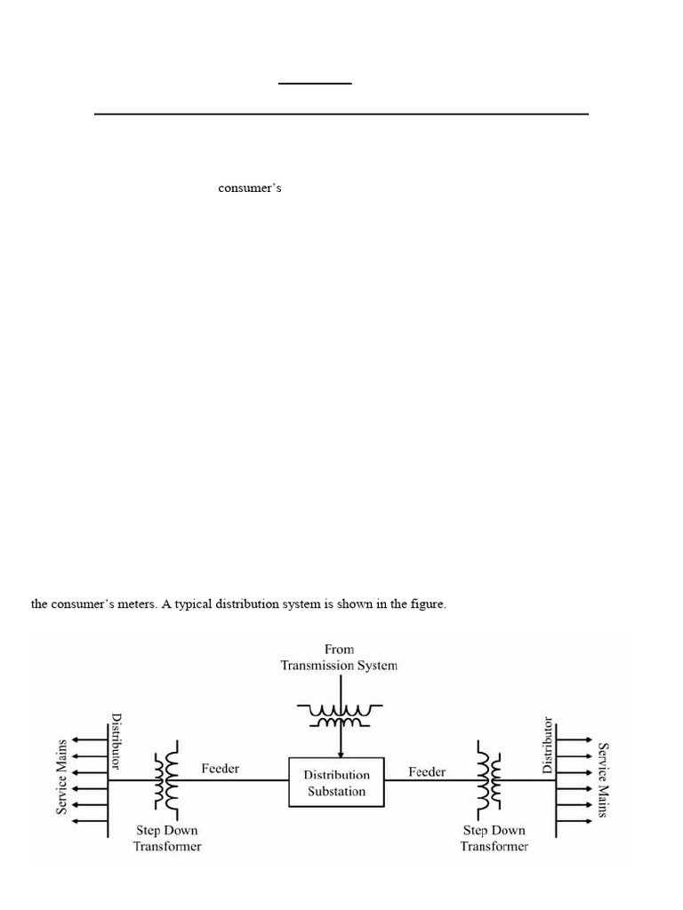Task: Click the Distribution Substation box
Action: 336,782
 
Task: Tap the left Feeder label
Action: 220,768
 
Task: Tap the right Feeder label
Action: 427,771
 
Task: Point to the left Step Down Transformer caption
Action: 167,838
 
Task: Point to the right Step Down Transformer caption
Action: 494,838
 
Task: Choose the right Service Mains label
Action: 604,780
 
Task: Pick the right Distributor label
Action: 548,745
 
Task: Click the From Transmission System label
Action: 339,657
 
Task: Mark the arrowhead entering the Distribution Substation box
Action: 339,753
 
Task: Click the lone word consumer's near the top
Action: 250,188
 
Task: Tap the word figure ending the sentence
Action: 428,605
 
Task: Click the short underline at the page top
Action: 315,84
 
